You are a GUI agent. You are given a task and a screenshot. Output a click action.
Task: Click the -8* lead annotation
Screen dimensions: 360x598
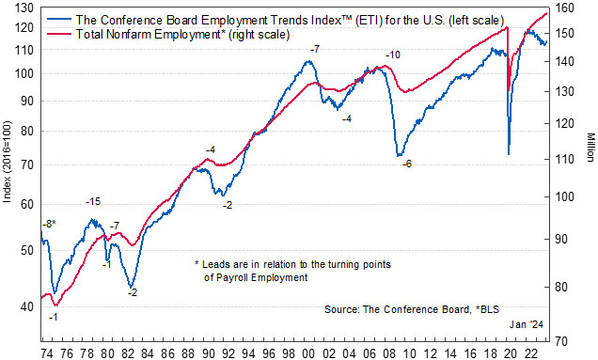[49, 224]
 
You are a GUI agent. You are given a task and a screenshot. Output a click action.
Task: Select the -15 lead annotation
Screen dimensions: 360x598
[93, 202]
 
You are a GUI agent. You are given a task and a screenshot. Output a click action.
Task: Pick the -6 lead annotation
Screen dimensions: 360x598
[406, 164]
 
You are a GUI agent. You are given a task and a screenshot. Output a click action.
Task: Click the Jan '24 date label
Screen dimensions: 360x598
[526, 323]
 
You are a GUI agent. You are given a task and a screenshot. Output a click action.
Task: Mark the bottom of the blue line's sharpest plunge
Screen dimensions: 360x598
[509, 153]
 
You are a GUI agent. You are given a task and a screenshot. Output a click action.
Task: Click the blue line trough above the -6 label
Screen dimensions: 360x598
[399, 155]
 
